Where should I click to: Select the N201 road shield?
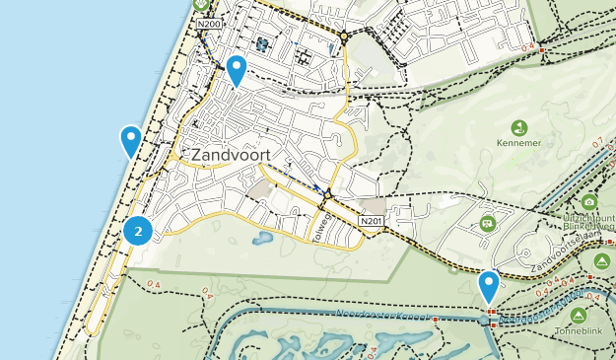[371, 220]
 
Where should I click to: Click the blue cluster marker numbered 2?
[139, 232]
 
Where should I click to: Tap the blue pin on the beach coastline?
[130, 141]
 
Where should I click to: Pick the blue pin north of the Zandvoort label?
[237, 70]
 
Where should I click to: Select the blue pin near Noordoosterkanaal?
[488, 286]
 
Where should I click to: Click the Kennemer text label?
[518, 144]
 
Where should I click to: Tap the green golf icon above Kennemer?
[518, 127]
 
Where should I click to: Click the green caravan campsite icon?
[487, 225]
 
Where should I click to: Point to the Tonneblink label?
[579, 332]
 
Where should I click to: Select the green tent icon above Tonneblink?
[579, 315]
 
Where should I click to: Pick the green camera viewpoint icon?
[589, 201]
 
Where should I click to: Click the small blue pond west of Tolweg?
[263, 238]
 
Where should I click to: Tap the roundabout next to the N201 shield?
[327, 194]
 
